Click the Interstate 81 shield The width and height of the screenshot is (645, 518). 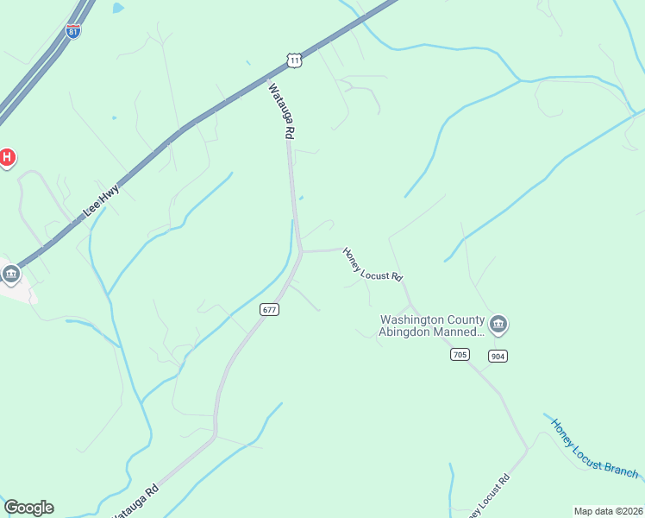pyautogui.click(x=73, y=31)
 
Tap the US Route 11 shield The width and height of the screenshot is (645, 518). pyautogui.click(x=295, y=60)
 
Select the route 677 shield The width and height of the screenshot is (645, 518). pyautogui.click(x=270, y=309)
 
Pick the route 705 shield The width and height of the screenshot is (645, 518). pyautogui.click(x=459, y=355)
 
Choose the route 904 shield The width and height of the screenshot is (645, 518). pyautogui.click(x=497, y=356)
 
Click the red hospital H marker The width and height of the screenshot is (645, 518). pyautogui.click(x=7, y=157)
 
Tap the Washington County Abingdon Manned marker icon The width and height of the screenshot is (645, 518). pyautogui.click(x=498, y=325)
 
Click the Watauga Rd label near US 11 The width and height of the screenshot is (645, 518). pyautogui.click(x=282, y=111)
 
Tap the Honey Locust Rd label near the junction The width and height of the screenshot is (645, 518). pyautogui.click(x=373, y=265)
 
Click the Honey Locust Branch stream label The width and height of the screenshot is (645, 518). pyautogui.click(x=594, y=448)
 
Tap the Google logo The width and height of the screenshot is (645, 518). pyautogui.click(x=28, y=508)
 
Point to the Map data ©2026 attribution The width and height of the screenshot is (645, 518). pyautogui.click(x=608, y=511)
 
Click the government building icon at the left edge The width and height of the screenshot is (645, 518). pyautogui.click(x=10, y=275)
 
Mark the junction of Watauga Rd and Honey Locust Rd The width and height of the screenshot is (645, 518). pyautogui.click(x=301, y=251)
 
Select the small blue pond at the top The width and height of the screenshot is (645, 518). pyautogui.click(x=117, y=8)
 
